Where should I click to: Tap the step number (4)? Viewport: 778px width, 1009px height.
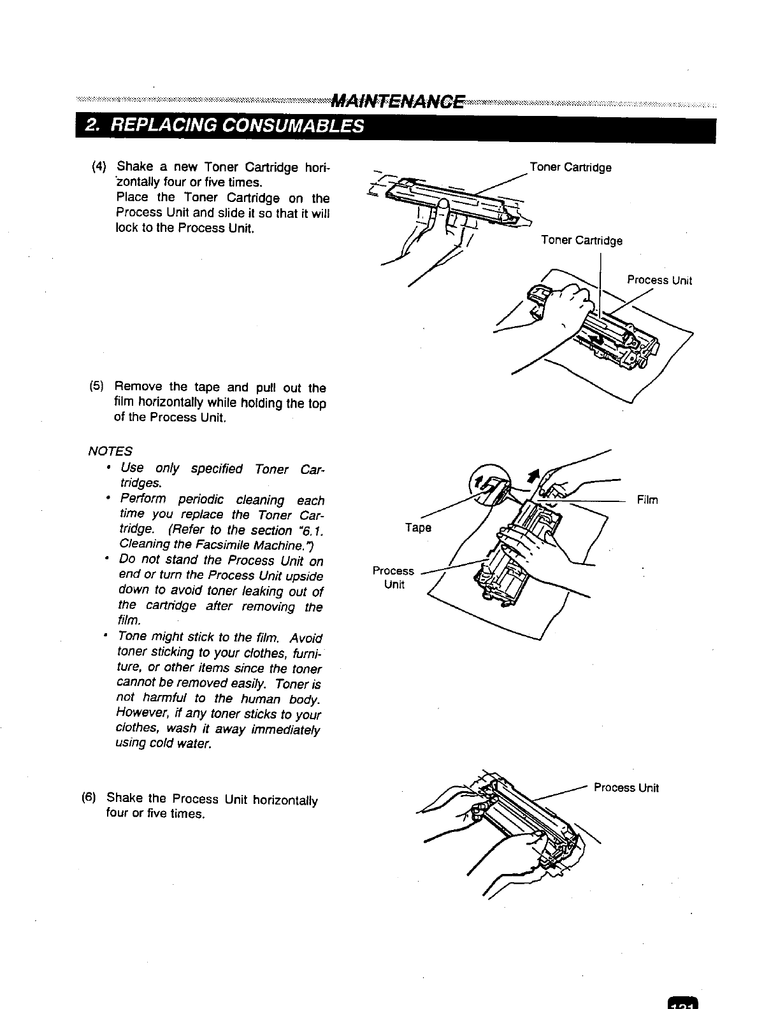[x=99, y=168]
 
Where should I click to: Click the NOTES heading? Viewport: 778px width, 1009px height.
[x=110, y=451]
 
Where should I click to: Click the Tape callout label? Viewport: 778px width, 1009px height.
[x=419, y=527]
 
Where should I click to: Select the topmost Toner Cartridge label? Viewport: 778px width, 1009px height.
[x=571, y=168]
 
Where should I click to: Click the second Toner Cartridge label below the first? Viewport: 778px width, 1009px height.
[x=581, y=240]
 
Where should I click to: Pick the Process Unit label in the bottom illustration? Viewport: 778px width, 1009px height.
[x=626, y=787]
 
